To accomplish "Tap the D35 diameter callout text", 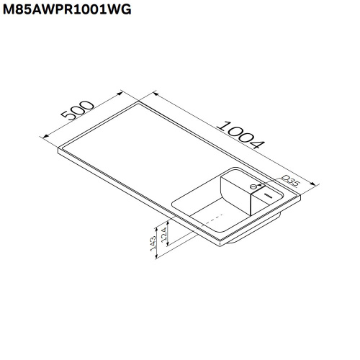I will point(289,180).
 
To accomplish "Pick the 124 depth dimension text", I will point(165,233).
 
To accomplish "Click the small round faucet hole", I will point(253,186).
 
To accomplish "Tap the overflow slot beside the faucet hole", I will point(267,194).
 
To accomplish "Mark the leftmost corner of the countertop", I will point(58,151).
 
